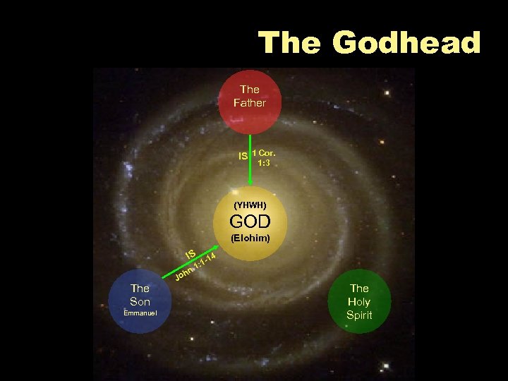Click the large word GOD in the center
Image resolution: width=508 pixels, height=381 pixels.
250,222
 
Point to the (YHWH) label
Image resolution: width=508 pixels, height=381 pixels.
249,205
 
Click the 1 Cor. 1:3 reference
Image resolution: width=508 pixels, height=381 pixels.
264,157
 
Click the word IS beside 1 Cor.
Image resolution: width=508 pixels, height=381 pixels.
243,155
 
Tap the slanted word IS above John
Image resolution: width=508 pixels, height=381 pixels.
190,253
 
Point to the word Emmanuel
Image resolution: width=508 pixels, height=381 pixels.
140,312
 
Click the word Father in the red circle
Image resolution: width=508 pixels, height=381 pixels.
250,103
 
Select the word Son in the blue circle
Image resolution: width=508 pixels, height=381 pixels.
140,301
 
